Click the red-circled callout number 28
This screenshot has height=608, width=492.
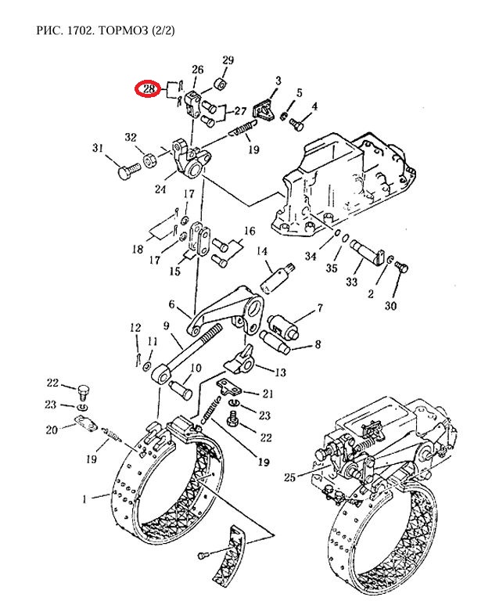pyautogui.click(x=149, y=90)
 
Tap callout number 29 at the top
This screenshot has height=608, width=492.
pyautogui.click(x=228, y=61)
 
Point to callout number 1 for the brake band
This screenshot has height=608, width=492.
pyautogui.click(x=85, y=497)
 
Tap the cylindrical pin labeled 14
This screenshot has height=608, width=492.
pyautogui.click(x=278, y=276)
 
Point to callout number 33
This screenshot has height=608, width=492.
pyautogui.click(x=353, y=282)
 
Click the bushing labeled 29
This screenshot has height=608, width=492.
pyautogui.click(x=222, y=82)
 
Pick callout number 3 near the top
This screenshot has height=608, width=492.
pyautogui.click(x=278, y=81)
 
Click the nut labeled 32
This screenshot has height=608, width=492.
pyautogui.click(x=147, y=162)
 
